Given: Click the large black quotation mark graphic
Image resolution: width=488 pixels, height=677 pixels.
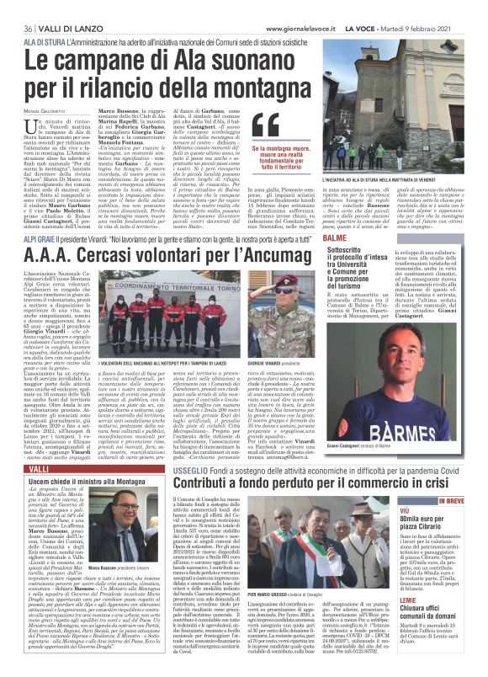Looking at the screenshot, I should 266,125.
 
